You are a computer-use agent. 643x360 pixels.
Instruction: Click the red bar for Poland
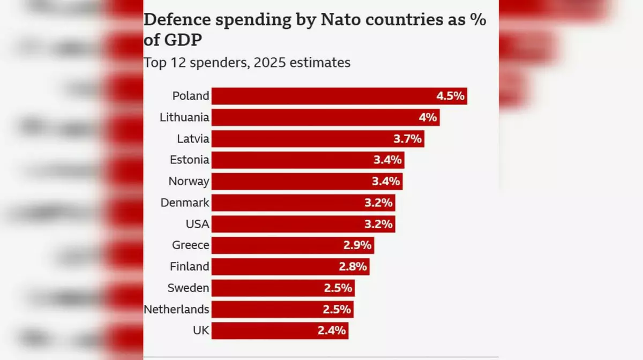click(322, 96)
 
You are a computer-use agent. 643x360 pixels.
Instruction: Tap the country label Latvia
click(193, 139)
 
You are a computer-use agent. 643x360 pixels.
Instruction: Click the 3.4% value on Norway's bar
click(386, 181)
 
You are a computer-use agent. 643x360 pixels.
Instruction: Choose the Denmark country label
click(185, 202)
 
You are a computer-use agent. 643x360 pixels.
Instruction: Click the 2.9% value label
click(357, 245)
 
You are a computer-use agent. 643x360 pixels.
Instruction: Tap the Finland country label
click(189, 266)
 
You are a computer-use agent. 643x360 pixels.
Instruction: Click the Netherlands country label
click(176, 309)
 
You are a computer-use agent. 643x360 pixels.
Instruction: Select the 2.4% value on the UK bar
click(332, 331)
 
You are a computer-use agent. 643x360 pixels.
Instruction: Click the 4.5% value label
click(450, 96)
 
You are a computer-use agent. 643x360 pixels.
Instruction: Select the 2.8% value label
click(353, 266)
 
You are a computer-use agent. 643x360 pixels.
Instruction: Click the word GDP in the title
click(178, 40)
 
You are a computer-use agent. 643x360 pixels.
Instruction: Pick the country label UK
click(201, 331)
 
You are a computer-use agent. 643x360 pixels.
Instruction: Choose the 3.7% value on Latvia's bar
click(408, 139)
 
